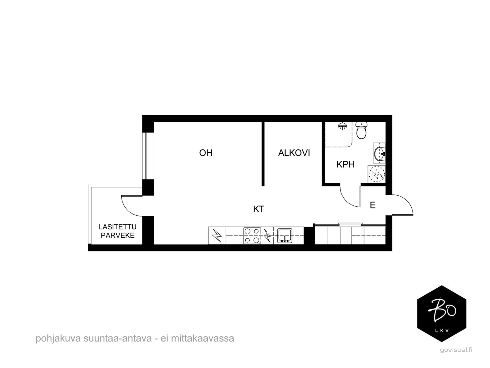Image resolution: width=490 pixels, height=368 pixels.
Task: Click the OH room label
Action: pyautogui.click(x=205, y=153)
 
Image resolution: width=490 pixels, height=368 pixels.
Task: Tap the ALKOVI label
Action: pyautogui.click(x=294, y=153)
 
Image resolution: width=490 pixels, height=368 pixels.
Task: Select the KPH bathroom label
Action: pyautogui.click(x=345, y=165)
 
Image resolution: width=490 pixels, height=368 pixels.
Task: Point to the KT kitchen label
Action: pyautogui.click(x=258, y=209)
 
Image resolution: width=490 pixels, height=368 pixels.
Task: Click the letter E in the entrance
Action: pyautogui.click(x=372, y=205)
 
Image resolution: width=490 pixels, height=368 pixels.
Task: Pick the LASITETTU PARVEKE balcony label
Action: pyautogui.click(x=118, y=231)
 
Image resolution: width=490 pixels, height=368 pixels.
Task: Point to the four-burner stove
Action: pyautogui.click(x=252, y=236)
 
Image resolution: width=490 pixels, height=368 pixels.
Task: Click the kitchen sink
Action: pyautogui.click(x=285, y=236)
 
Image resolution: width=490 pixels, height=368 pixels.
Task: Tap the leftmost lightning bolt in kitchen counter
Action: pyautogui.click(x=217, y=236)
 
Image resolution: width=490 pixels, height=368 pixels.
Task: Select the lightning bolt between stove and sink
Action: pyautogui.click(x=267, y=236)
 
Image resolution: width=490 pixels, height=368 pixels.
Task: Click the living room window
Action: pyautogui.click(x=147, y=156)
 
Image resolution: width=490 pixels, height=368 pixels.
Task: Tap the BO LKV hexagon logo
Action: pyautogui.click(x=442, y=313)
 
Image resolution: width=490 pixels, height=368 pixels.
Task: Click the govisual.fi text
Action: pyautogui.click(x=456, y=350)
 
